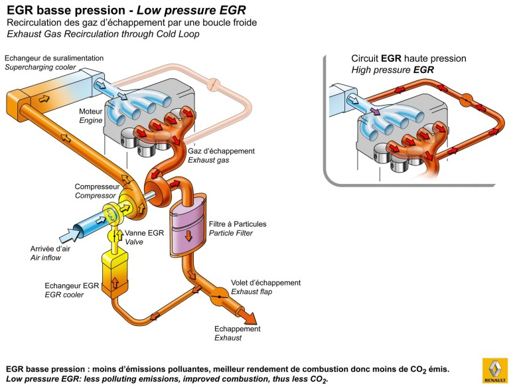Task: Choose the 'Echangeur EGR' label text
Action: point(72,285)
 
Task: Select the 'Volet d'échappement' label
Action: point(265,282)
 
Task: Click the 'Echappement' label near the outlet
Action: point(237,329)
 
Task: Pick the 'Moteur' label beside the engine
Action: point(90,112)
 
